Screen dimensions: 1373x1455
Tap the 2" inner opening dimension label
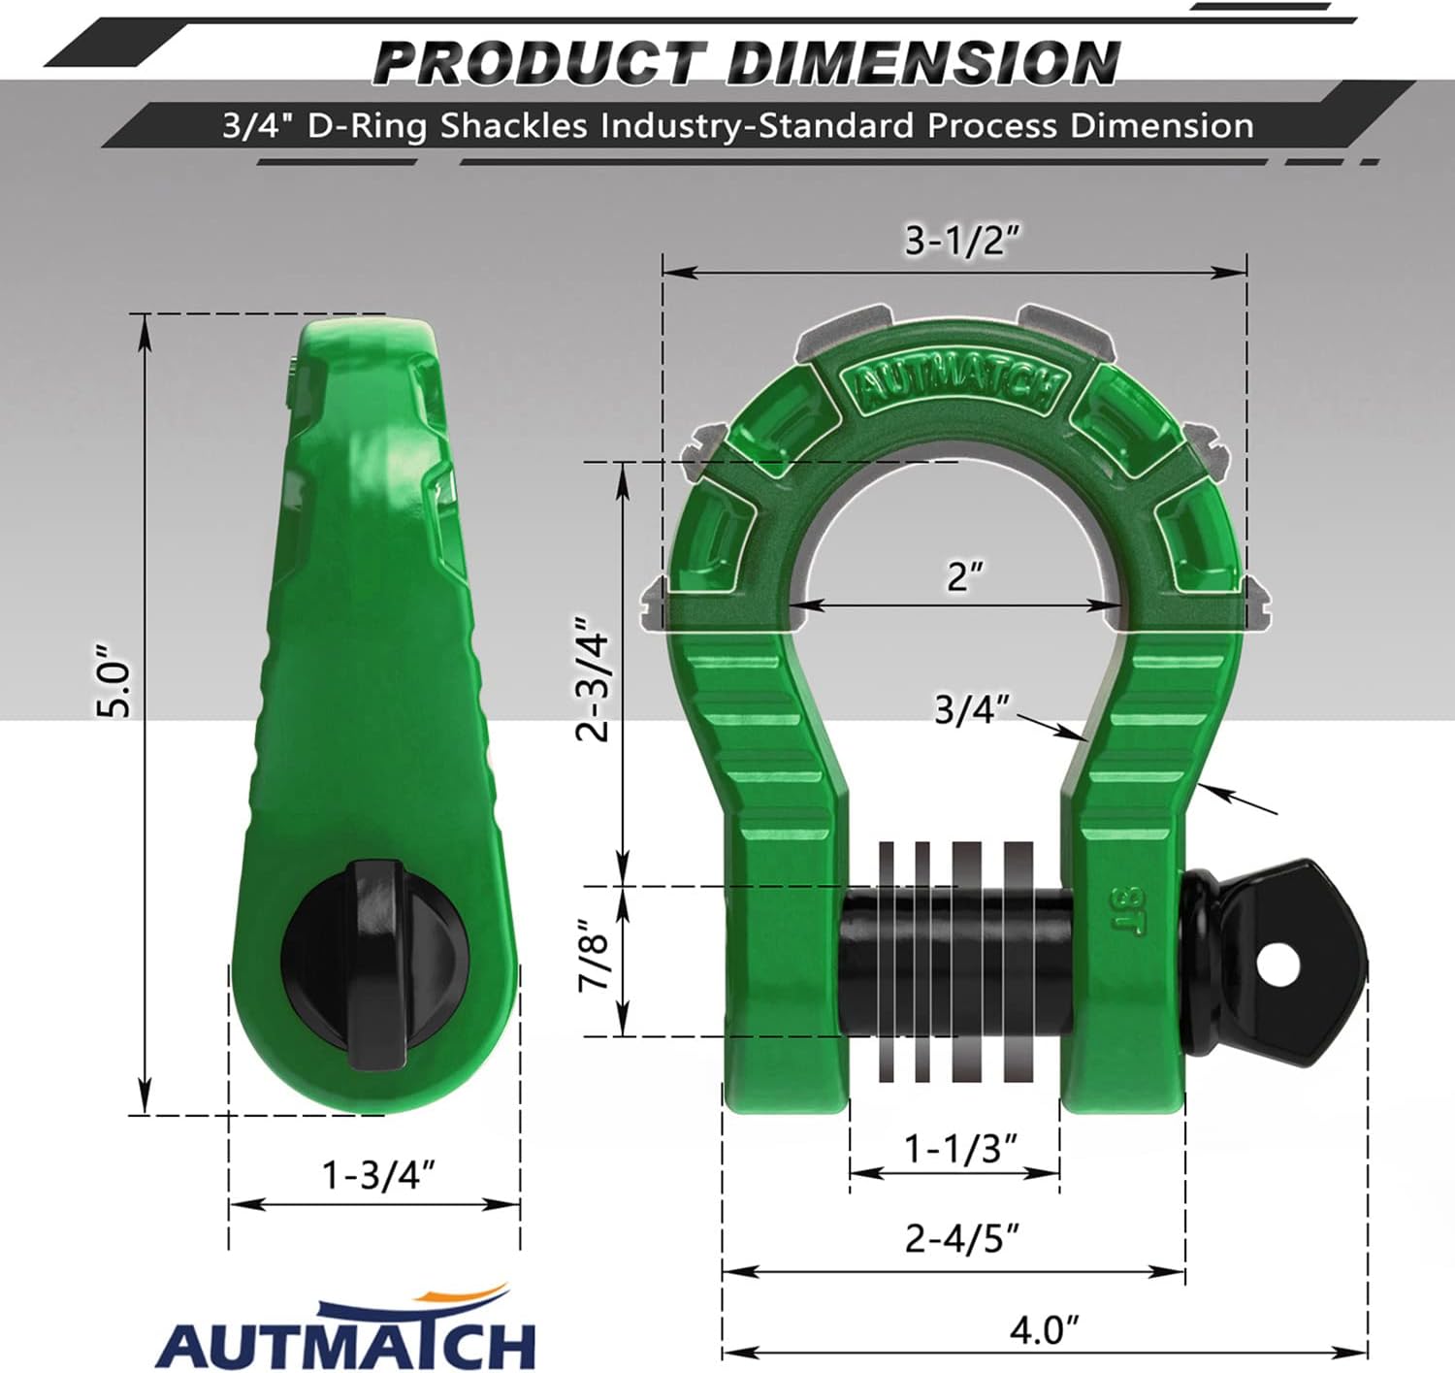(964, 576)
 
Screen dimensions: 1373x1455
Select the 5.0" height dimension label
(116, 678)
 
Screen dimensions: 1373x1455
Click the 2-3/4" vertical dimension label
(592, 678)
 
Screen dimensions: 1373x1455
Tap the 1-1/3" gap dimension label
(959, 1149)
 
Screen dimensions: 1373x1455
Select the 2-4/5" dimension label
(961, 1239)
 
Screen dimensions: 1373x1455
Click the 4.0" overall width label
(1044, 1329)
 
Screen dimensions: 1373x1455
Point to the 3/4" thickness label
(971, 709)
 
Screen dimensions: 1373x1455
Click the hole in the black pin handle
(1279, 963)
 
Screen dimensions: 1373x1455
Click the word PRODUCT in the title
(539, 63)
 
